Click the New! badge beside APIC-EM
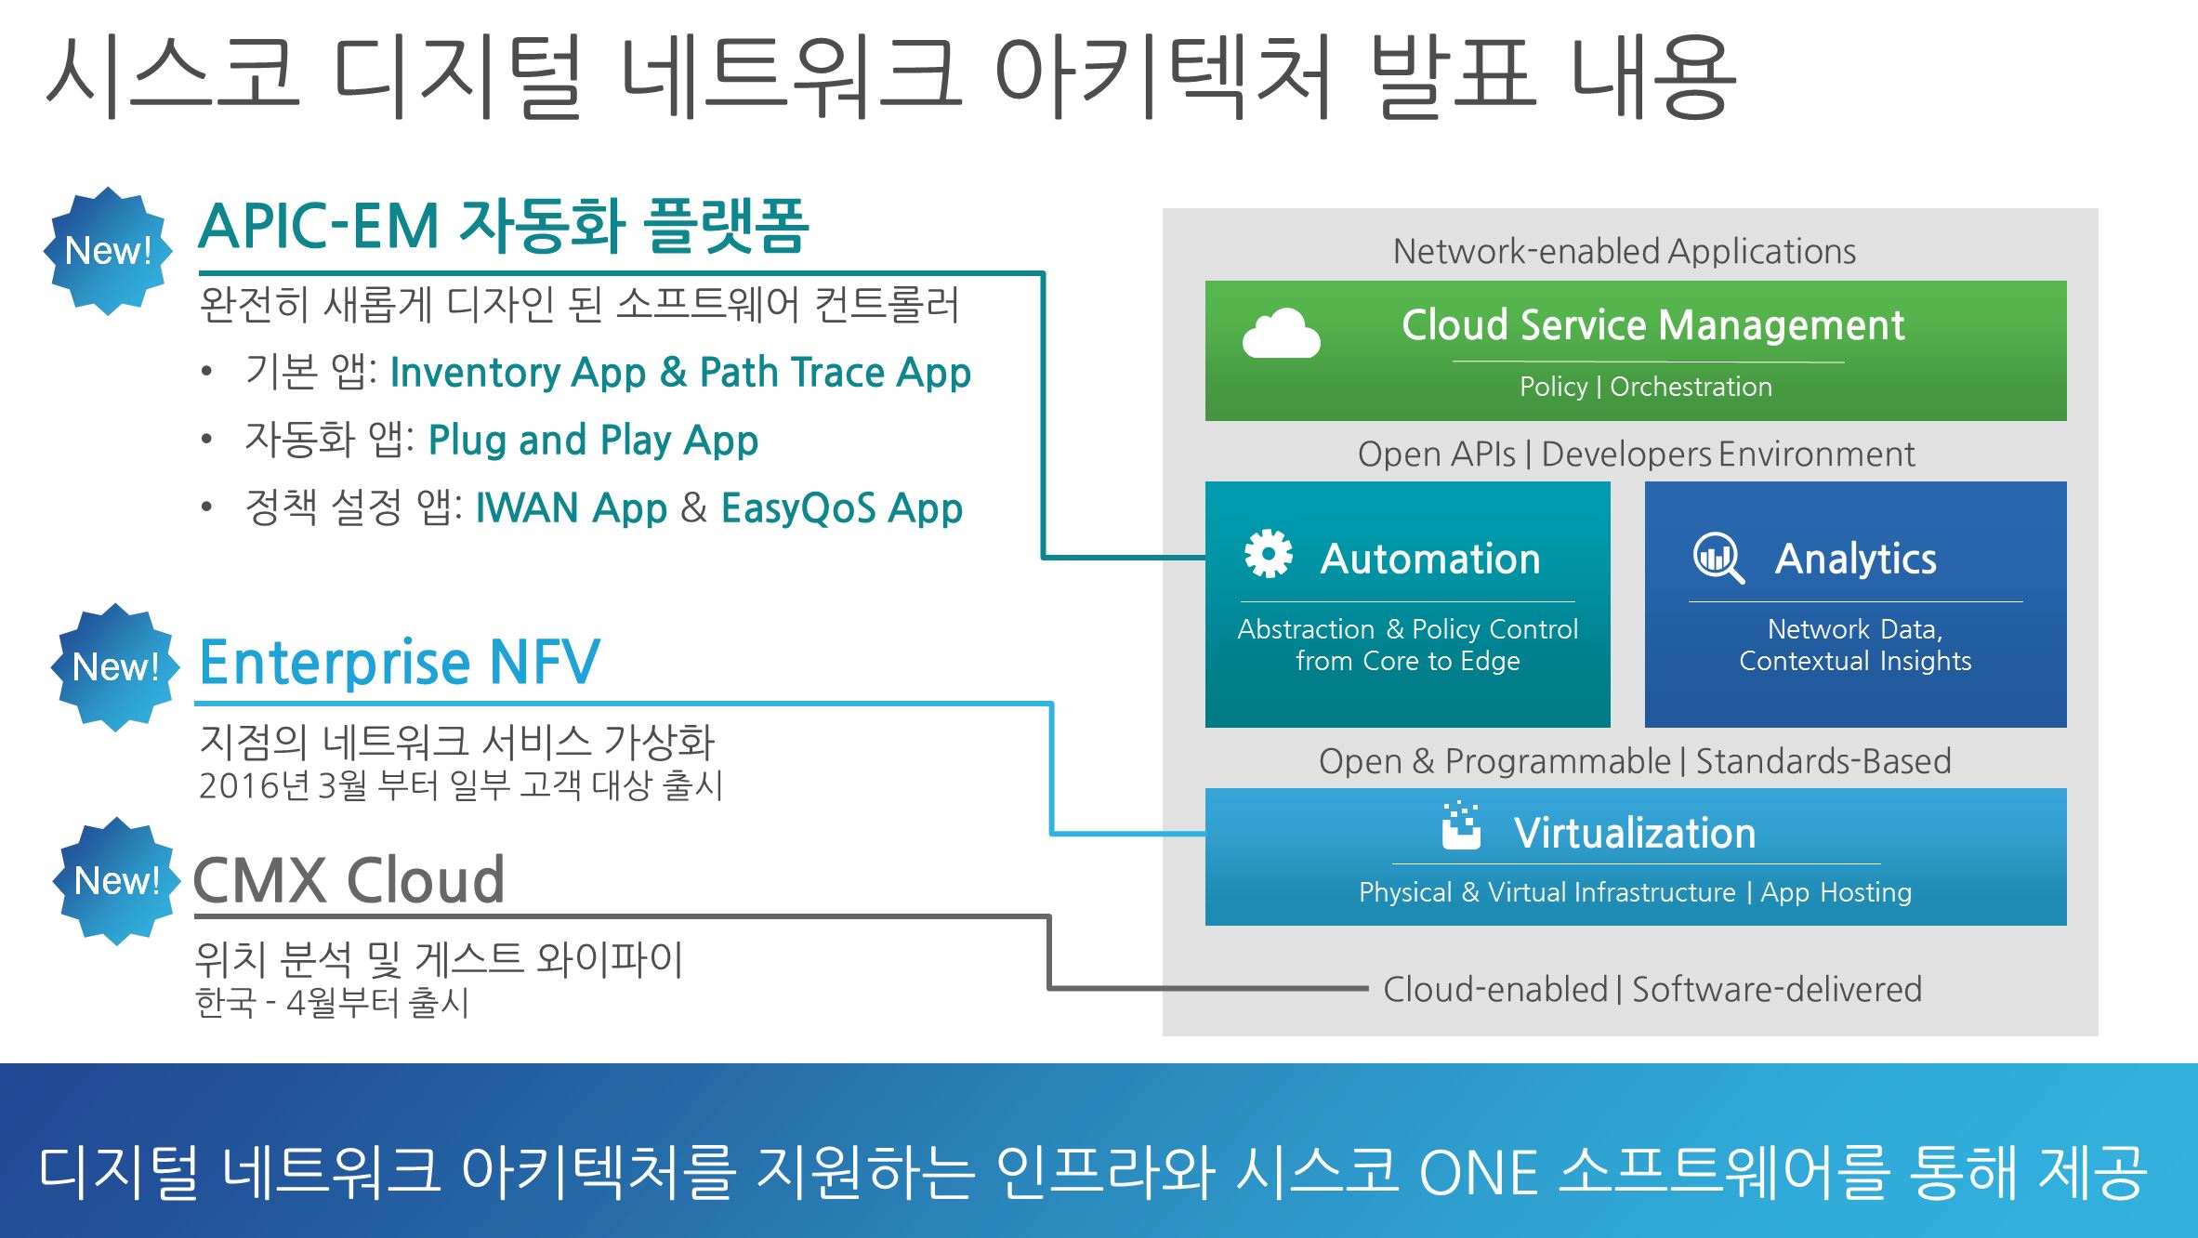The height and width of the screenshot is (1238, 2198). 109,251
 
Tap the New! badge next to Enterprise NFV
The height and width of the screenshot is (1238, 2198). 115,667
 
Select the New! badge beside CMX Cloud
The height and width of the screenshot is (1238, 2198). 116,881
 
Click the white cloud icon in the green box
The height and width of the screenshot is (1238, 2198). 1281,334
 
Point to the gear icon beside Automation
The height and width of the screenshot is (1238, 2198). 1268,555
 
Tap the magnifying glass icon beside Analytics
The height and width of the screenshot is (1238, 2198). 1718,558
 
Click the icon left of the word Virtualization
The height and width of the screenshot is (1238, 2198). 1461,825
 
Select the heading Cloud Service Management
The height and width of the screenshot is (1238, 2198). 1652,325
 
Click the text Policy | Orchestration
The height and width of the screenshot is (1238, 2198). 1645,387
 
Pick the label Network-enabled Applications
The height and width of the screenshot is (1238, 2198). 1624,251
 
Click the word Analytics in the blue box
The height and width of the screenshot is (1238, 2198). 1855,559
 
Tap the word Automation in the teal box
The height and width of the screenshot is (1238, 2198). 1430,559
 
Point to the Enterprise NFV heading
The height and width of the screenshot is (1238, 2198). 400,662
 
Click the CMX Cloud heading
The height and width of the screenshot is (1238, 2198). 349,880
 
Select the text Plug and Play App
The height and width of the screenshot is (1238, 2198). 593,440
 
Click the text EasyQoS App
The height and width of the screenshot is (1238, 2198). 841,508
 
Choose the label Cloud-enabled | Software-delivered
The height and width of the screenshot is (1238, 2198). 1652,989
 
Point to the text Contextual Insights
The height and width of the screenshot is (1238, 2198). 1855,661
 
